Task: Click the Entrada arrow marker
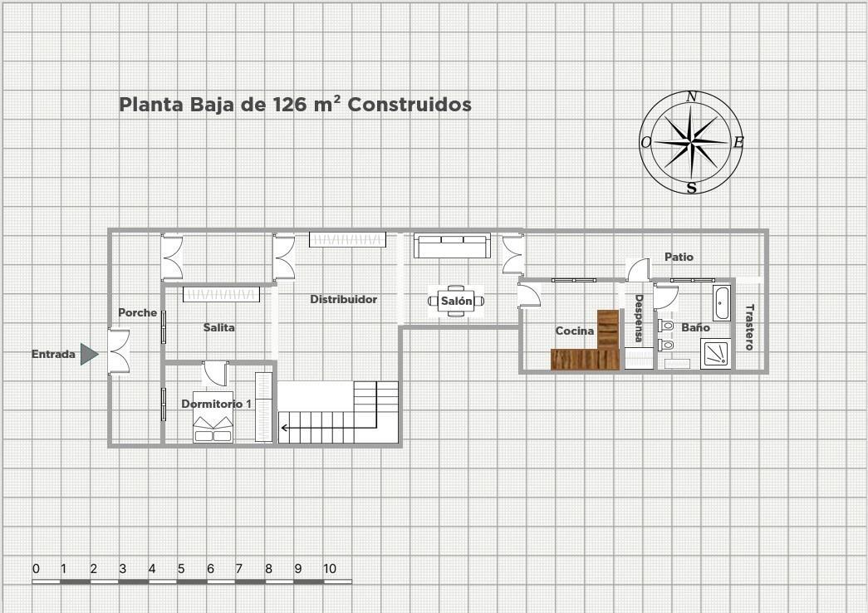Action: coord(89,354)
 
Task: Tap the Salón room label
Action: coord(456,302)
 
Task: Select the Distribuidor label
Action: coord(343,299)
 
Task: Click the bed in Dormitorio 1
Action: coord(213,424)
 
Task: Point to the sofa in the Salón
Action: coord(452,246)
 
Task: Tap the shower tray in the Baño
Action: coord(716,353)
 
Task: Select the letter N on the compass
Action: coord(691,97)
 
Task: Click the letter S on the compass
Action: coord(691,189)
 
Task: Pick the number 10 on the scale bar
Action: coord(330,569)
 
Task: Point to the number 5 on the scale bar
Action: coord(181,569)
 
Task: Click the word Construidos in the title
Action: coord(409,105)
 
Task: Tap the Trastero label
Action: coord(749,327)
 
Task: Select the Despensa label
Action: coord(639,318)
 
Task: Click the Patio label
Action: coord(679,257)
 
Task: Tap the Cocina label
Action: coord(575,331)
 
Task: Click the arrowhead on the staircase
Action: coord(285,429)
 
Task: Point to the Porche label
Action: coord(137,313)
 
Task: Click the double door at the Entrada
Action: coord(119,352)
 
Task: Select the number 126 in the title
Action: coord(290,105)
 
